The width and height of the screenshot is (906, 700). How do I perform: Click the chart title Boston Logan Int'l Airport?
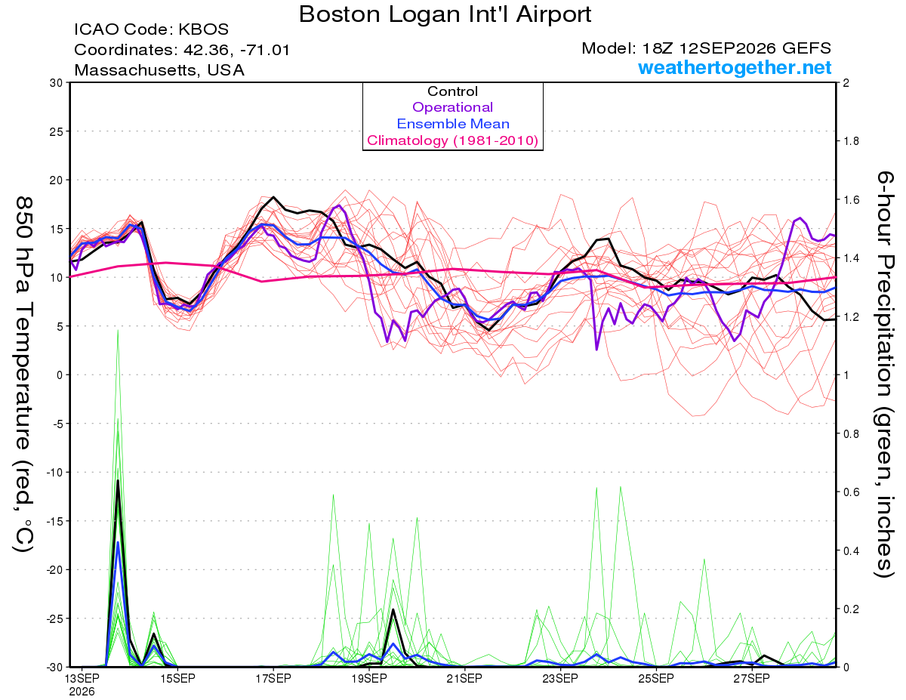click(445, 14)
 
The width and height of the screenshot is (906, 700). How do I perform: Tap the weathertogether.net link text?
click(735, 67)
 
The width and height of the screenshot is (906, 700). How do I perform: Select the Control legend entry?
click(452, 91)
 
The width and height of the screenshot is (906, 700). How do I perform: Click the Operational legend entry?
click(452, 107)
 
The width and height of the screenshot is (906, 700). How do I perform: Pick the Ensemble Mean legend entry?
click(453, 124)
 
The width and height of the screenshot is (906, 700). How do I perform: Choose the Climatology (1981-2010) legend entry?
click(453, 140)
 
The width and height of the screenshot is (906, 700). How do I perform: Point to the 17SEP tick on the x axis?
click(273, 678)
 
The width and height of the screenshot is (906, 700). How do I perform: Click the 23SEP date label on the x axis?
click(560, 678)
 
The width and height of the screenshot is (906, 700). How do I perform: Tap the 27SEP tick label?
click(751, 678)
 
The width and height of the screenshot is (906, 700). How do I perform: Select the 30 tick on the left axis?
click(57, 83)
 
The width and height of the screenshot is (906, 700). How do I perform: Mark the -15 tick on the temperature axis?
click(54, 521)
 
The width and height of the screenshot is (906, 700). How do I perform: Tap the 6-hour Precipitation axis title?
click(885, 374)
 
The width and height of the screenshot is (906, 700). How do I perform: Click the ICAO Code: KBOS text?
click(151, 29)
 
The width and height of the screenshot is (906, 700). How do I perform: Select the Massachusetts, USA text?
click(159, 70)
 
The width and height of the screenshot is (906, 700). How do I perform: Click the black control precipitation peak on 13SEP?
click(118, 481)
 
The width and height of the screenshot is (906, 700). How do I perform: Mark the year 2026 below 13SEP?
click(82, 692)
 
